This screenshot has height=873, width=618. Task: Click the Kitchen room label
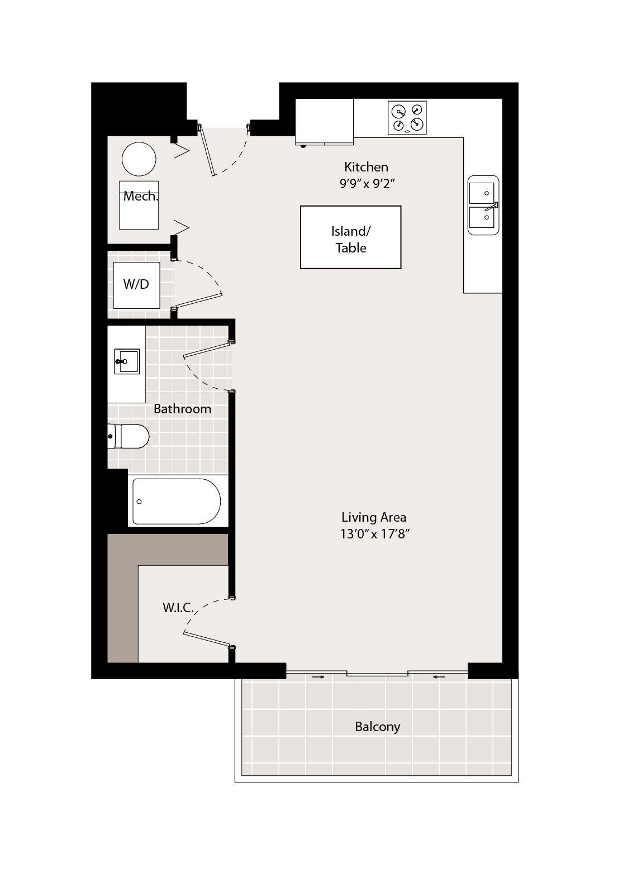tap(366, 167)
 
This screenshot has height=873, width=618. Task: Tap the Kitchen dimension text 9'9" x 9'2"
tap(367, 184)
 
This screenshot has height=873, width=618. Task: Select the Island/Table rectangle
tap(350, 237)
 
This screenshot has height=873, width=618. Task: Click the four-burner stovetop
tap(407, 118)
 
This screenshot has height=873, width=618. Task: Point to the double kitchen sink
tap(483, 205)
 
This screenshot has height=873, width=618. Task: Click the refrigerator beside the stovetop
tap(325, 122)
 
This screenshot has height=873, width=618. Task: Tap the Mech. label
tap(141, 196)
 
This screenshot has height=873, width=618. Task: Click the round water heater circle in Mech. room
tap(139, 159)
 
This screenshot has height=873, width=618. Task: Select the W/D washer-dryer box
tap(136, 285)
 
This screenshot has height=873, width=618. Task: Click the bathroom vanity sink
tap(127, 361)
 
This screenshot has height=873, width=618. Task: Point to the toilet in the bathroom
tap(129, 436)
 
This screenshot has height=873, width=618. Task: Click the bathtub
tap(177, 501)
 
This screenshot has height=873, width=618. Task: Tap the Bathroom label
tap(183, 409)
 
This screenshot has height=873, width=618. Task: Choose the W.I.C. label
tap(178, 607)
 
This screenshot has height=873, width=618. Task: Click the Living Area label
tap(374, 517)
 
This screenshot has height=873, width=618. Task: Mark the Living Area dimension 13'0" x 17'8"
tap(375, 533)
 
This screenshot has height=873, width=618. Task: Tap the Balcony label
tap(377, 727)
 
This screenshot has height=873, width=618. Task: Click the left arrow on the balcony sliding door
tap(318, 677)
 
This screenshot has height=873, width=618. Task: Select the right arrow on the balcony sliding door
tap(439, 677)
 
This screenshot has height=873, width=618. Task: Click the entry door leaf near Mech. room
tap(207, 150)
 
